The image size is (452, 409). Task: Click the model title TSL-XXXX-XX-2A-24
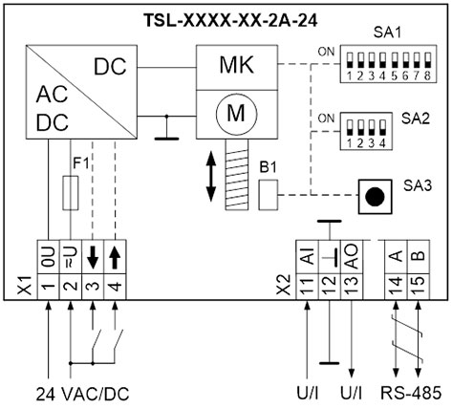(x=230, y=20)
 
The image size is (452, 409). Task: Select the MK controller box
(x=236, y=68)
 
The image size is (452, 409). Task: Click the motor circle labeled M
(x=236, y=113)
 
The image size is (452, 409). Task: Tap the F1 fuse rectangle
(x=71, y=193)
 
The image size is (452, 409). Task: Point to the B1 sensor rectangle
(x=268, y=195)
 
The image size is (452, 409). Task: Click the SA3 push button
(x=375, y=196)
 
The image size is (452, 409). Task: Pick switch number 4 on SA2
(x=382, y=127)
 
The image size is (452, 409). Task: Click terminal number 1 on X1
(x=49, y=286)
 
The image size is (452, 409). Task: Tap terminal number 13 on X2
(x=352, y=286)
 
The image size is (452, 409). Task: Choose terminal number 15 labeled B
(x=419, y=286)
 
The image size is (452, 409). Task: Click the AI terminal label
(x=307, y=257)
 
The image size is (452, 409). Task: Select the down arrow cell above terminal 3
(x=93, y=257)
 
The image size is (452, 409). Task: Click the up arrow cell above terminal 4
(x=116, y=257)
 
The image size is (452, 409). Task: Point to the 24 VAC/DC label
(x=82, y=394)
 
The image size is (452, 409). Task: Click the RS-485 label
(x=411, y=393)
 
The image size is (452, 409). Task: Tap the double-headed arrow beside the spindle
(x=211, y=176)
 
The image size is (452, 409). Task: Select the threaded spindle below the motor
(x=237, y=174)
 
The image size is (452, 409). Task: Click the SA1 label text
(x=387, y=32)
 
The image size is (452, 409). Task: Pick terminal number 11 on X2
(x=307, y=286)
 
